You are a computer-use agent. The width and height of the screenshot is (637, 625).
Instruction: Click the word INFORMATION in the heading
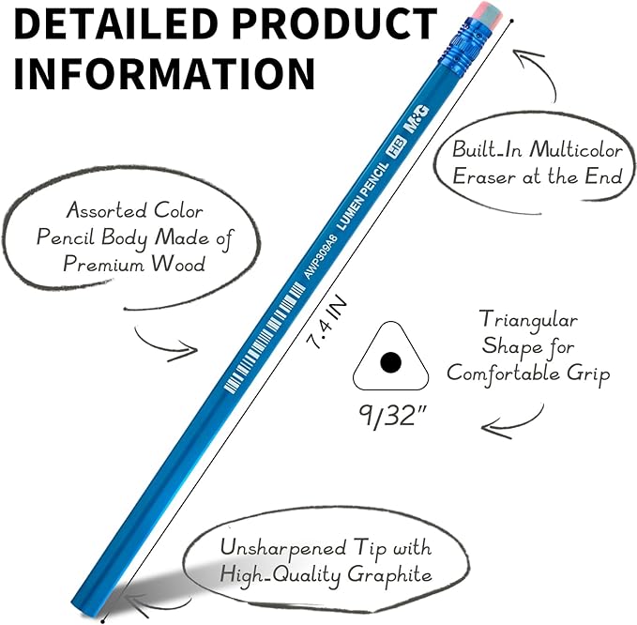click(164, 74)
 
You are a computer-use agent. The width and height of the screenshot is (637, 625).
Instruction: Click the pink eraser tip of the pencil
click(486, 13)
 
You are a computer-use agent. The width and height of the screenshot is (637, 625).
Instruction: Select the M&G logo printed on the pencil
click(416, 118)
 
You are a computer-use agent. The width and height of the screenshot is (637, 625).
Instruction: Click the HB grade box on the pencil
click(396, 147)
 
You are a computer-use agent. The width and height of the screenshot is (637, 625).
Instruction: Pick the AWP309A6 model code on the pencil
click(322, 255)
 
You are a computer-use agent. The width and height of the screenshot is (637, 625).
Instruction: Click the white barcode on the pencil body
click(265, 338)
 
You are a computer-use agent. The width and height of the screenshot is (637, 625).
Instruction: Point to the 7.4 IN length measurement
click(327, 322)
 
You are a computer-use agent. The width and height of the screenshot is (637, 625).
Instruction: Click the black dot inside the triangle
click(391, 361)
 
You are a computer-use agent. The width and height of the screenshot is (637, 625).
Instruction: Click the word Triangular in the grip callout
click(528, 321)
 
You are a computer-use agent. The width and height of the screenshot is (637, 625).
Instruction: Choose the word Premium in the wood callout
click(103, 264)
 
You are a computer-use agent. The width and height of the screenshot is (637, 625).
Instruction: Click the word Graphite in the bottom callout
click(389, 575)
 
